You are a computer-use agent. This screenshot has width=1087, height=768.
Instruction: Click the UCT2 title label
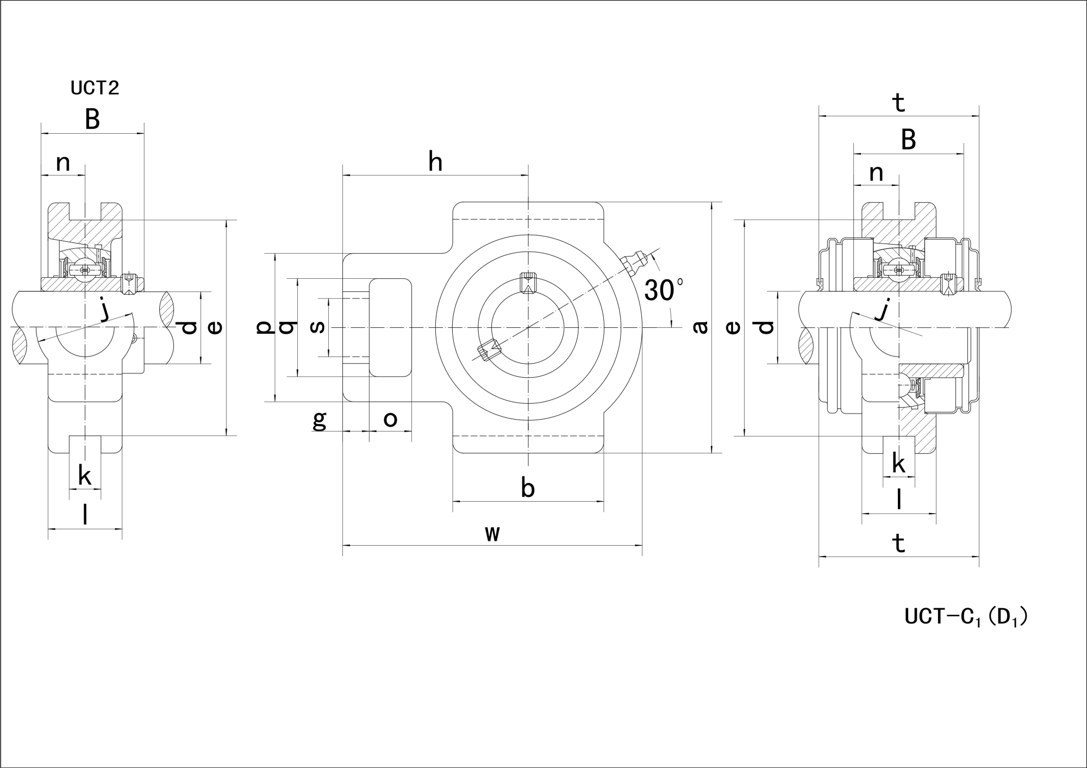click(x=95, y=88)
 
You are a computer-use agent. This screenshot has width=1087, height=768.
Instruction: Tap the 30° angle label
click(x=664, y=290)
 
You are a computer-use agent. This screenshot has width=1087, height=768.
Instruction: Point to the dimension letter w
click(x=492, y=534)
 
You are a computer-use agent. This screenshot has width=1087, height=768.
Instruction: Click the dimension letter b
click(x=528, y=488)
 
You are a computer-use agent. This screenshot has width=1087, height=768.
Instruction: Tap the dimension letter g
click(x=320, y=420)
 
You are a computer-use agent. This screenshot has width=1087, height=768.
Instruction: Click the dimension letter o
click(x=390, y=419)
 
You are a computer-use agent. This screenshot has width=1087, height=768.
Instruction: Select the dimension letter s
click(x=317, y=327)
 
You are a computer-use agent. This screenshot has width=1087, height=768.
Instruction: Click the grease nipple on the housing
click(x=634, y=263)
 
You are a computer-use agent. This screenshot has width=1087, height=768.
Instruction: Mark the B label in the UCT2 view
click(x=92, y=120)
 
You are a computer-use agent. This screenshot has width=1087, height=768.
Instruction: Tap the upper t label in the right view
click(x=899, y=102)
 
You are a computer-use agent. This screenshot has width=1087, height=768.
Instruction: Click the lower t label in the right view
click(x=899, y=543)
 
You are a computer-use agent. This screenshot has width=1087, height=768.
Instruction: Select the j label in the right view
click(x=884, y=310)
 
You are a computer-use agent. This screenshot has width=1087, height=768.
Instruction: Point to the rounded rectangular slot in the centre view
click(x=390, y=327)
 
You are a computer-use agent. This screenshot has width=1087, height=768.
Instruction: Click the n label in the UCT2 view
click(x=64, y=163)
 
